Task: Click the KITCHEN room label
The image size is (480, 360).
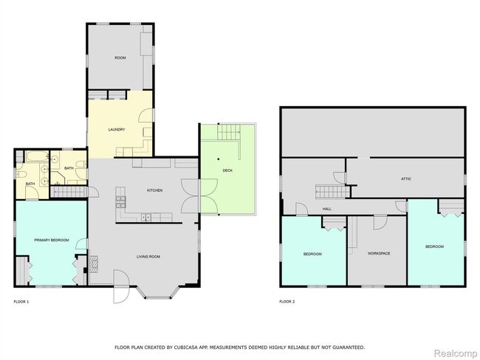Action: click(155, 190)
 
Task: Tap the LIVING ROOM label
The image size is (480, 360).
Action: click(148, 257)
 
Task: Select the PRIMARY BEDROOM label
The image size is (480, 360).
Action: click(52, 240)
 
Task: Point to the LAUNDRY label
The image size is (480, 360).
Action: click(117, 129)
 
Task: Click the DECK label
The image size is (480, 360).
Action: click(227, 170)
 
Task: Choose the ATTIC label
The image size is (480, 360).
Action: click(406, 179)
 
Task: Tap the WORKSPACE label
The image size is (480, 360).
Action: click(379, 253)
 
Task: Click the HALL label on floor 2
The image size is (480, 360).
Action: click(327, 209)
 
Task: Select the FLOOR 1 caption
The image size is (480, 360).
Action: click(21, 302)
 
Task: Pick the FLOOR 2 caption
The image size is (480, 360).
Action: click(287, 302)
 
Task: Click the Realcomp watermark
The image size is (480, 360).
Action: click(456, 353)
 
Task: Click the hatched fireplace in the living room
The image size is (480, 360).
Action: click(94, 263)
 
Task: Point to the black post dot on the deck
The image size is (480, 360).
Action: click(219, 159)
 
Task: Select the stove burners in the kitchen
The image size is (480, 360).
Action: click(120, 202)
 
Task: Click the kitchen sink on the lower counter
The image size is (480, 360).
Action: click(146, 217)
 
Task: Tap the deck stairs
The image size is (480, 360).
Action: click(229, 132)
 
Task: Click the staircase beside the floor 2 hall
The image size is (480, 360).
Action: click(332, 192)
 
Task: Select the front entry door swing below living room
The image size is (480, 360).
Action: click(121, 286)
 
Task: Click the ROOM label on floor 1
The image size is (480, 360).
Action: click(120, 58)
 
